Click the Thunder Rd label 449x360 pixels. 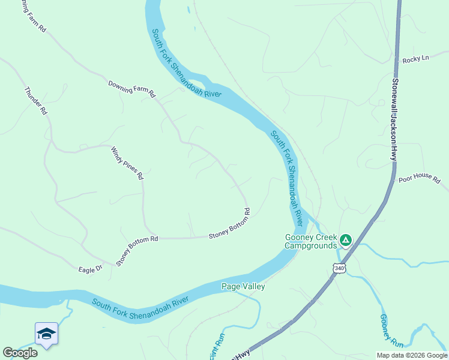(35, 101)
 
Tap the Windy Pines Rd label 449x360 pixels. (127, 163)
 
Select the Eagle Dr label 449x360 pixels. (91, 269)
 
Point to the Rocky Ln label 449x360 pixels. (417, 59)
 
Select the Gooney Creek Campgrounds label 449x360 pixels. (311, 241)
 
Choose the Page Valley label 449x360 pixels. (243, 286)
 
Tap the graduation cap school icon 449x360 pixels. (46, 334)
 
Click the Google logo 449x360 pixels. (20, 353)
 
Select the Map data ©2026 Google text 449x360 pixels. (412, 355)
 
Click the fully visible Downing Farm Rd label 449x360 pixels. (131, 89)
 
